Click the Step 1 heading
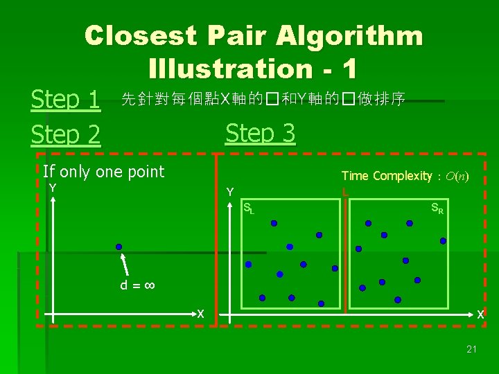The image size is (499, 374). coord(66,100)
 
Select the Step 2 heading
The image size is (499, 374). coord(66,134)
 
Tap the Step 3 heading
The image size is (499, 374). coord(261,132)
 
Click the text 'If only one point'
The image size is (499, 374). coord(104,172)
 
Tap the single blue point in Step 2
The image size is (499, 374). coord(119,247)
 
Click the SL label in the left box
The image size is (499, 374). coord(248,207)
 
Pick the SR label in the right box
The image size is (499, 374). coord(437,207)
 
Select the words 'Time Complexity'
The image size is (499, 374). coord(386,176)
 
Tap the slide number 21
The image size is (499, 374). coord(471,349)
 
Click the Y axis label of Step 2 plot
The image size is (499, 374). coord(52,188)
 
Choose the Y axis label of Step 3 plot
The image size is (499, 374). coord(230,191)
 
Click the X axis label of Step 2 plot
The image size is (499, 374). coord(200,314)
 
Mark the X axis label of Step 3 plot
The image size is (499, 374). coord(480,314)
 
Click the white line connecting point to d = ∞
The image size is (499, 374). coord(126,265)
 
